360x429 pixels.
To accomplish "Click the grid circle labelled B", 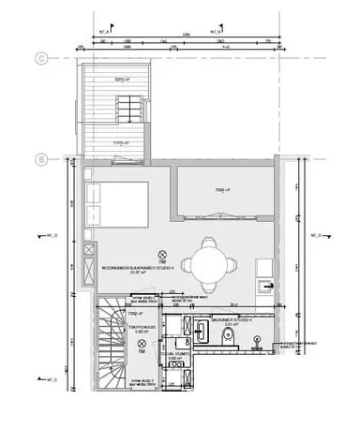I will click(x=41, y=159).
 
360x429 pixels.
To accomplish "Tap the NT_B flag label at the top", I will click(x=214, y=29).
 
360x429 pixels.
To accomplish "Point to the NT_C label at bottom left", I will click(x=52, y=379).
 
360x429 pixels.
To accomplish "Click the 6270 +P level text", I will click(x=121, y=79).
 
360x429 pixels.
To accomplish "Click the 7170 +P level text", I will click(x=121, y=143).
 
